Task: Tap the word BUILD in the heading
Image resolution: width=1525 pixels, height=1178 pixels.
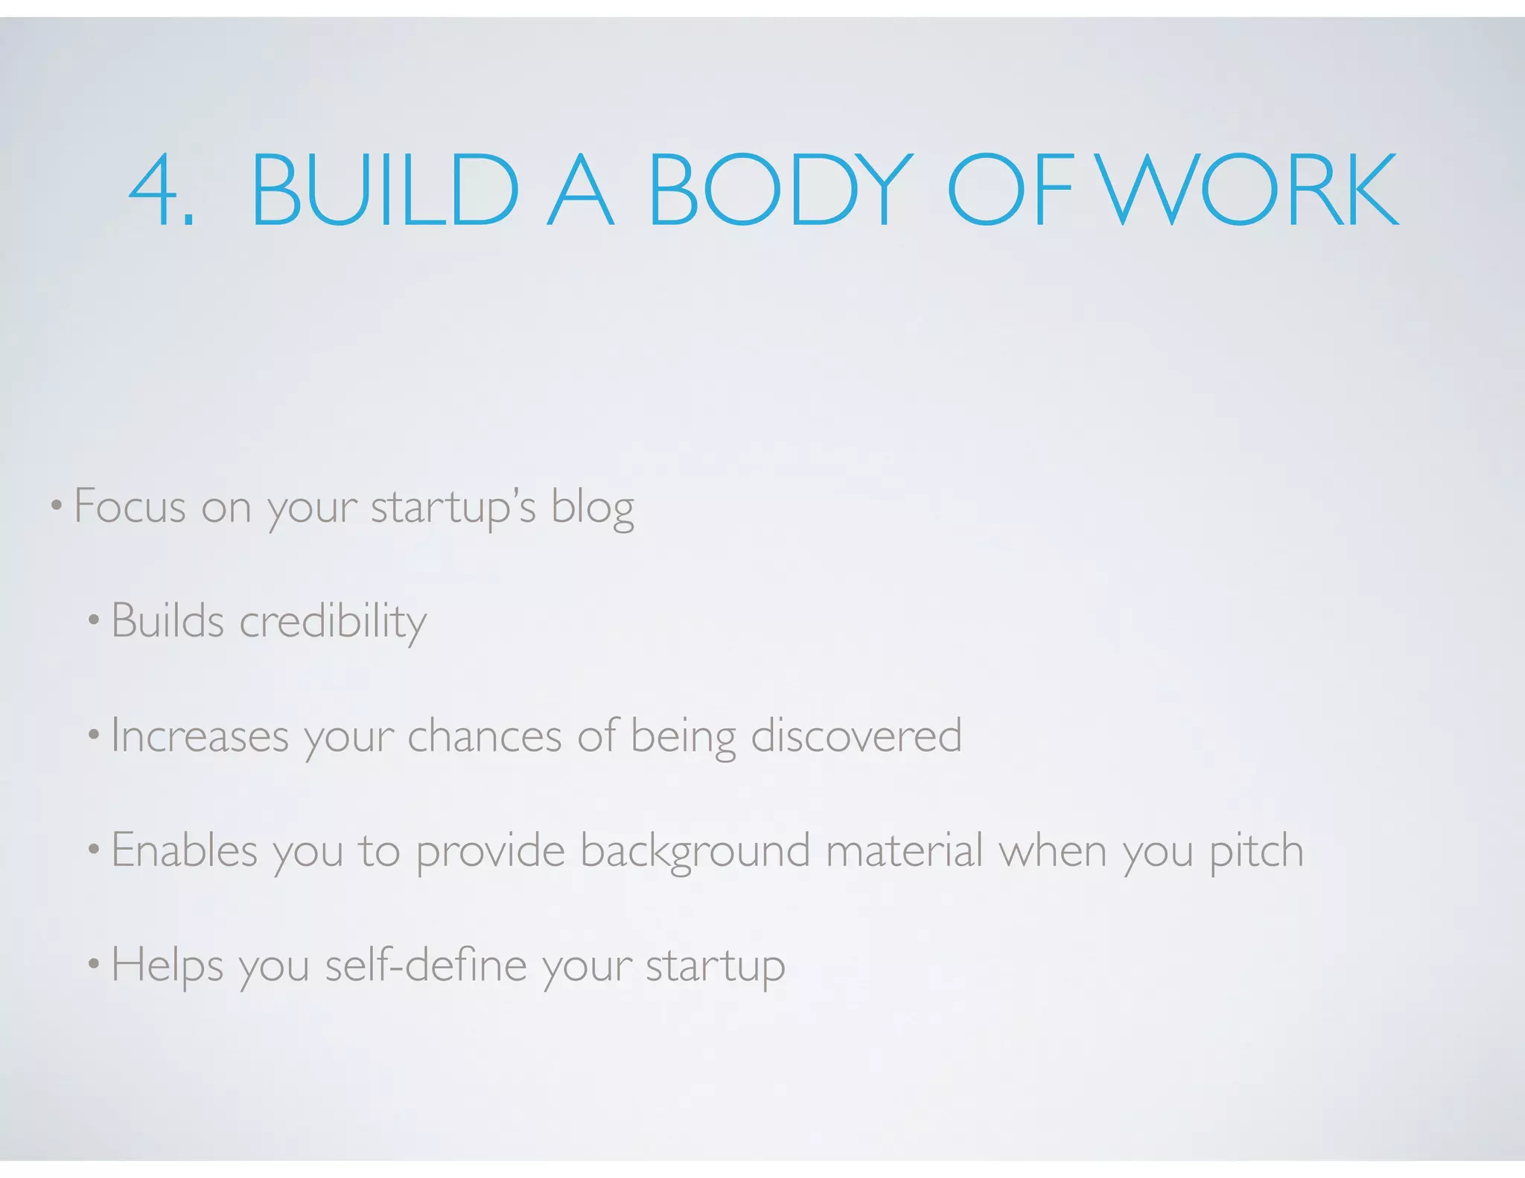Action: click(384, 189)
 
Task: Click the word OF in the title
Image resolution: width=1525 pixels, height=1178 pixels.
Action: click(1010, 189)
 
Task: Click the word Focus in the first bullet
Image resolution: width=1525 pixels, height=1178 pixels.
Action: click(130, 507)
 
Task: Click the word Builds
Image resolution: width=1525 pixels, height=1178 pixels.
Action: click(168, 620)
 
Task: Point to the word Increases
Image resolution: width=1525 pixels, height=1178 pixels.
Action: click(200, 736)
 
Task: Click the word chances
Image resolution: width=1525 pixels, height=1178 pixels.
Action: click(484, 736)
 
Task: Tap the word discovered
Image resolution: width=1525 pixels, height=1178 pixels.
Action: click(856, 736)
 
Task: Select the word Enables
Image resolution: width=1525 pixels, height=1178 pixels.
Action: click(184, 850)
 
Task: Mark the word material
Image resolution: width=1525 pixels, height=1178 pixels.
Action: click(904, 850)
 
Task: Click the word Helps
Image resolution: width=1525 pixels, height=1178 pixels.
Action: click(167, 966)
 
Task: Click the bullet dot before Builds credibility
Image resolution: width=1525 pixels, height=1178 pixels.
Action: click(93, 620)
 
